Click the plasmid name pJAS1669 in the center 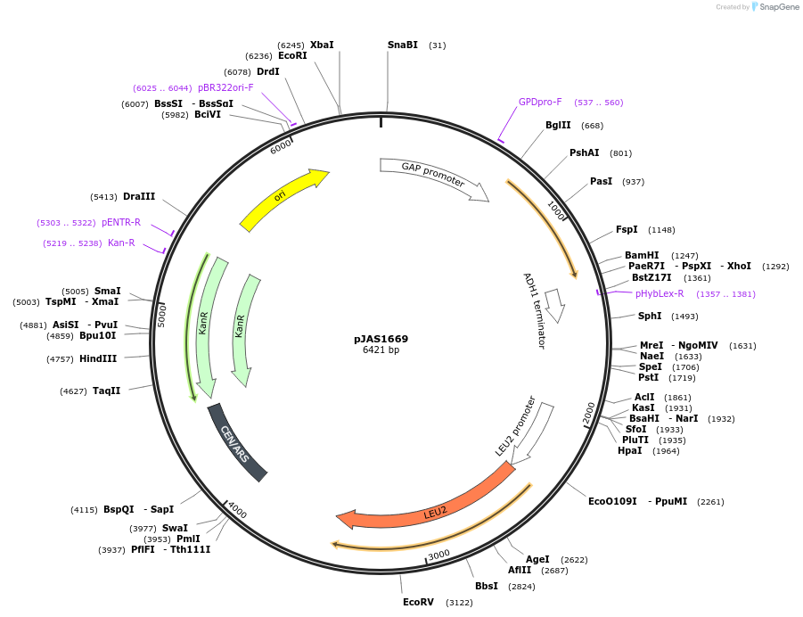(381, 339)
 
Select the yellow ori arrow (283, 199)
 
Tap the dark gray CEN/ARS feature (237, 442)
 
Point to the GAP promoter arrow (433, 176)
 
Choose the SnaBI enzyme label (403, 45)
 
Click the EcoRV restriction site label (418, 602)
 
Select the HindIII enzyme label (98, 358)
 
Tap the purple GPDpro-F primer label (540, 102)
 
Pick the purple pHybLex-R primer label (660, 293)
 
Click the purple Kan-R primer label (121, 243)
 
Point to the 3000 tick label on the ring (438, 555)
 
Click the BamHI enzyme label (642, 255)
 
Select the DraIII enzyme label (139, 196)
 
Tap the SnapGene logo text (779, 7)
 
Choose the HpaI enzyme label (629, 450)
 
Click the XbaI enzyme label (322, 45)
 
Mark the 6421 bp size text (381, 350)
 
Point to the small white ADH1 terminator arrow (555, 303)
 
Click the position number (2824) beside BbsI (521, 586)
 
